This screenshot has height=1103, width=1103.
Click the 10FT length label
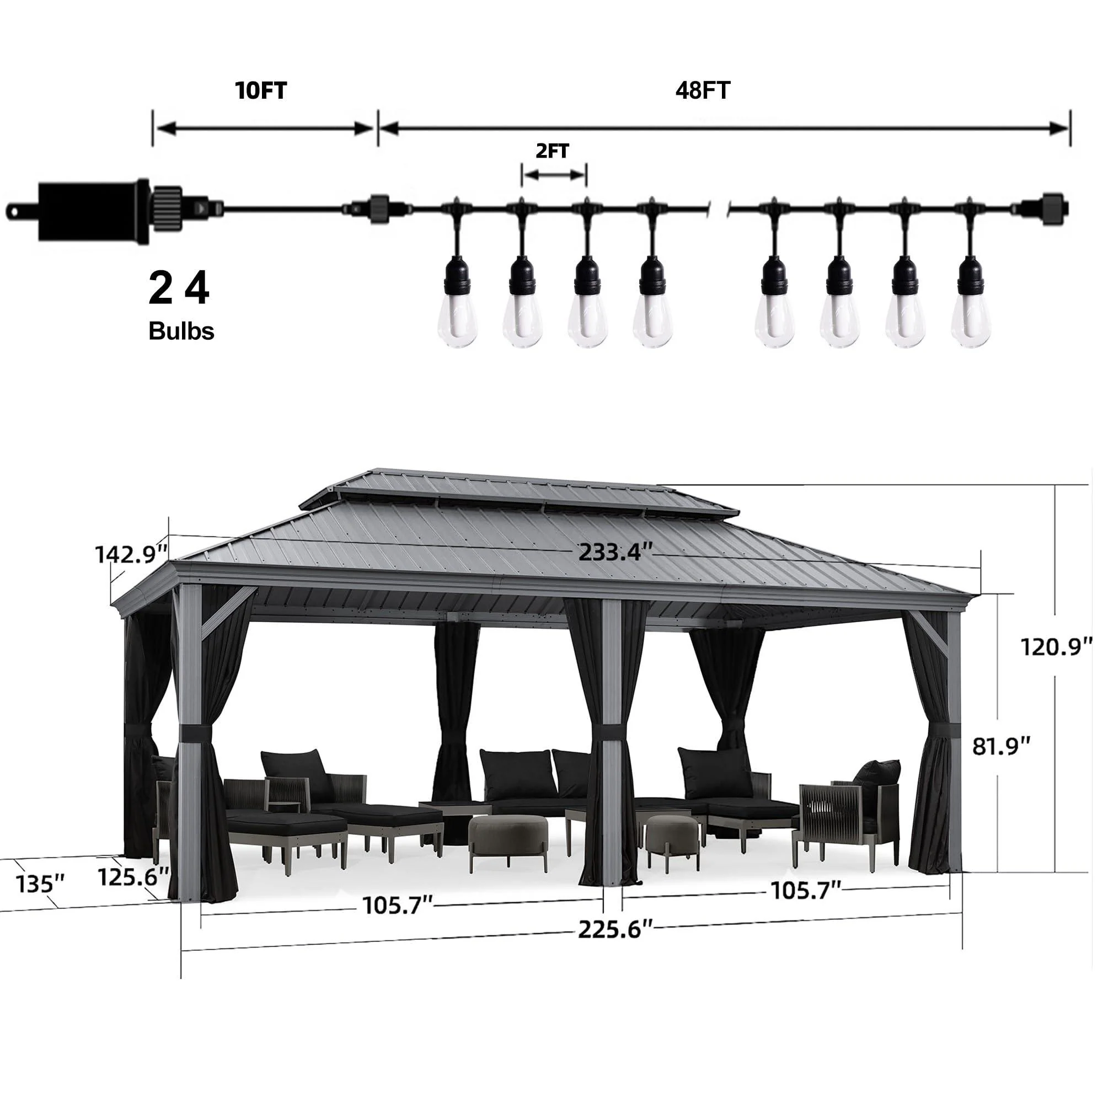[261, 91]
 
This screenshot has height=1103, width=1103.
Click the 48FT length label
[703, 91]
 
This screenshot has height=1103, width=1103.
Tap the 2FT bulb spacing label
[553, 151]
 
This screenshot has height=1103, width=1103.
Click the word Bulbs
[181, 331]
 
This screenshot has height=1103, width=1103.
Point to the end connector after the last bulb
[1043, 210]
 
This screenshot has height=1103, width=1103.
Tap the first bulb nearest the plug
[458, 320]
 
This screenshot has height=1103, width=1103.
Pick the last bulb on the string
[972, 320]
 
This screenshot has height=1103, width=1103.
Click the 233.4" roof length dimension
[615, 553]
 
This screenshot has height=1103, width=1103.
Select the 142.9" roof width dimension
[131, 554]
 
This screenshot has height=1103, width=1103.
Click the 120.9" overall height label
[1056, 647]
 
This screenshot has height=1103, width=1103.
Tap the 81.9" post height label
[1002, 746]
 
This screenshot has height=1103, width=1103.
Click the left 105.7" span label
[398, 906]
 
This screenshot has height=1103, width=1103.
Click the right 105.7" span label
[807, 890]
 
